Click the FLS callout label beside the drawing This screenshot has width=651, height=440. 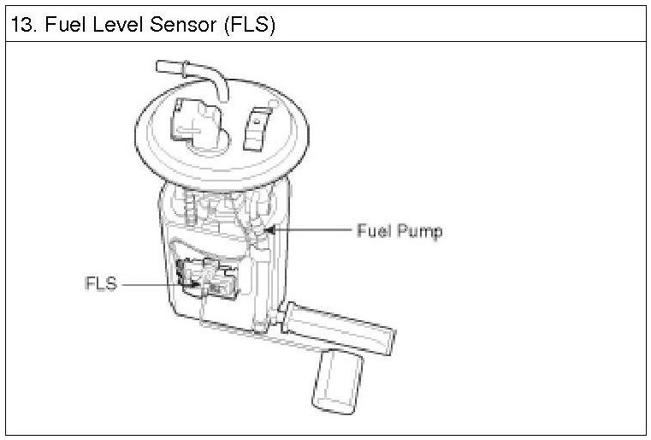[x=99, y=282]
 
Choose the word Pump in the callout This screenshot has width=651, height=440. [x=423, y=231]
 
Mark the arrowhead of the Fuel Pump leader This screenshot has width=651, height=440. [x=269, y=229]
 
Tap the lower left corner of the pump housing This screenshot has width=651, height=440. [x=175, y=312]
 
